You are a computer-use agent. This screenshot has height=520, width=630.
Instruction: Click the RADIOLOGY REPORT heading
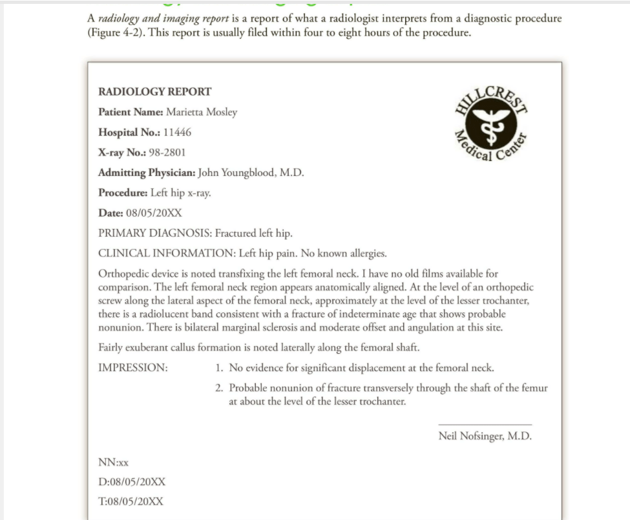154,92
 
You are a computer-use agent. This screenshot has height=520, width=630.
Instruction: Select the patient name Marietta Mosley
202,112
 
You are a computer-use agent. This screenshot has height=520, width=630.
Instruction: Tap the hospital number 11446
177,133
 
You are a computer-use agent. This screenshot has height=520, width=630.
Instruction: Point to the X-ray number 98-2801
167,153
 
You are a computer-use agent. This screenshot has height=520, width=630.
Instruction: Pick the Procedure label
123,193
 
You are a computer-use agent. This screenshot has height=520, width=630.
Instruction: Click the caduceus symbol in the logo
490,122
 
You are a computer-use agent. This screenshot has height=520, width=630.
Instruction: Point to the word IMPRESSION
132,368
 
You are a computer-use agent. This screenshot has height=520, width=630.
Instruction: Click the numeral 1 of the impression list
219,368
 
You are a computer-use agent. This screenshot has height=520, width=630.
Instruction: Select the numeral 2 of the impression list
219,388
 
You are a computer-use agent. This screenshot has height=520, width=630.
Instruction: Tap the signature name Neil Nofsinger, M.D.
485,436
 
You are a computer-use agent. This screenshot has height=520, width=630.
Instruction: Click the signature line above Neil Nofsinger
485,425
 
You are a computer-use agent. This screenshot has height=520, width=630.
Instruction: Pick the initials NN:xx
113,462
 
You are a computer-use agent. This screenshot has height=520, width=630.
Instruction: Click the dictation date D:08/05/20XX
132,482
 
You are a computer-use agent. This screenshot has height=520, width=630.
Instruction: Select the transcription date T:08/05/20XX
131,502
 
